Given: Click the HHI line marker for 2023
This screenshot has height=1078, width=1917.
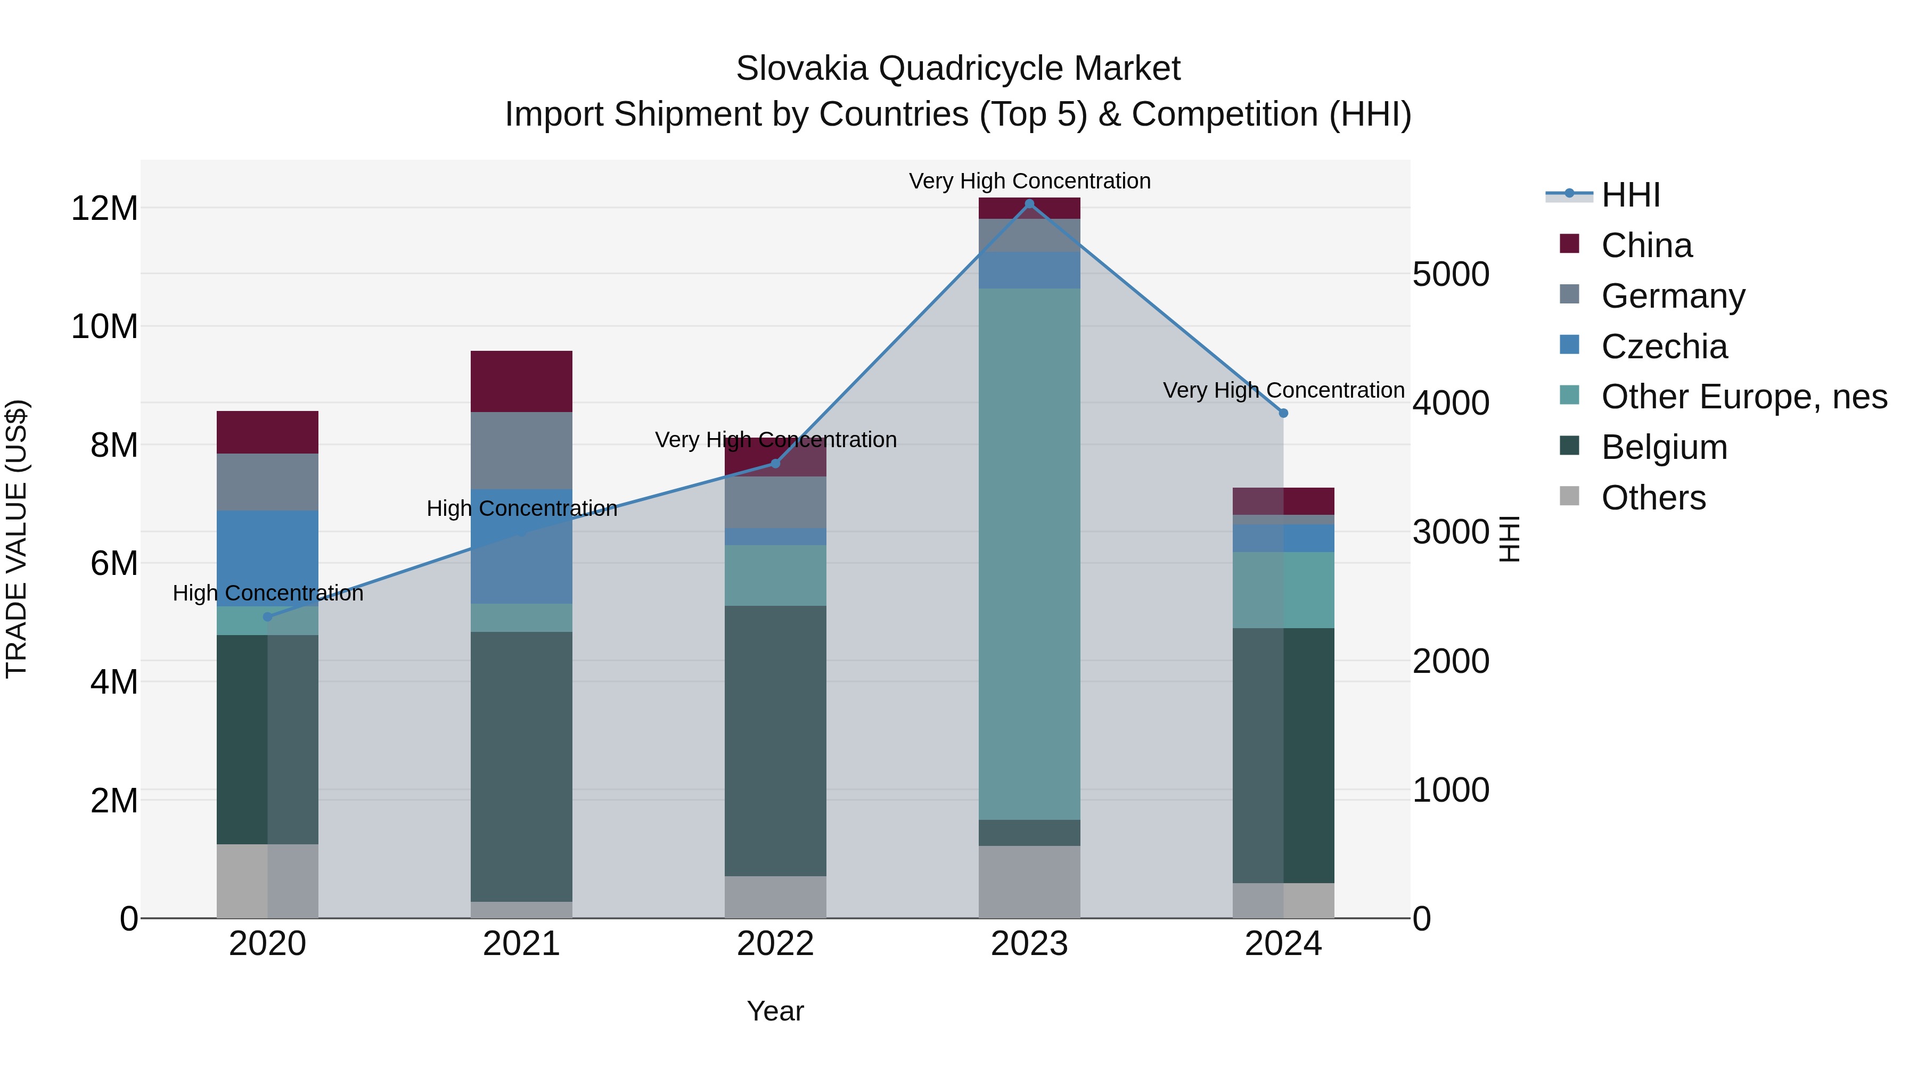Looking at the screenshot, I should [1029, 204].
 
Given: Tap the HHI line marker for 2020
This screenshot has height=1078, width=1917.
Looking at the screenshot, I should [268, 617].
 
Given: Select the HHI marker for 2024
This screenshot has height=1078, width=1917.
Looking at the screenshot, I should [1283, 413].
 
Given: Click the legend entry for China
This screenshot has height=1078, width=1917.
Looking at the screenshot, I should [1646, 245].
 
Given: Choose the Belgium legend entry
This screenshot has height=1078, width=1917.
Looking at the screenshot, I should [1664, 447].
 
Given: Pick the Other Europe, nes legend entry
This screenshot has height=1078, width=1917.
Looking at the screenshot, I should [1743, 397].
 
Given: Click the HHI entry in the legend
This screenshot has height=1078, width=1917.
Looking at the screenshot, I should [1630, 195].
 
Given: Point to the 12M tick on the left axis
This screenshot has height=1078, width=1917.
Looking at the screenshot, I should [104, 208].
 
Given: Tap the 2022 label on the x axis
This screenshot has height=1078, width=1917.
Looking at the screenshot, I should [775, 944].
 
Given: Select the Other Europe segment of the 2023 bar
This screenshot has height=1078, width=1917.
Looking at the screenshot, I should [1029, 554].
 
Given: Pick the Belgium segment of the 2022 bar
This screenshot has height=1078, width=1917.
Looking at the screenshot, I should [775, 740].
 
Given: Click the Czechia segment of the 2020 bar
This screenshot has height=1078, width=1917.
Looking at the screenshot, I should [268, 558].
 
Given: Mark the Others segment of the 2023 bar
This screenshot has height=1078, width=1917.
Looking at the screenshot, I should [1029, 882].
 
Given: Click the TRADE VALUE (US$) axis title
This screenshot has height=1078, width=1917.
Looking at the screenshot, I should [17, 539].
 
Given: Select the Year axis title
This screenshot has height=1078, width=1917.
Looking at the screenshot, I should [775, 1011].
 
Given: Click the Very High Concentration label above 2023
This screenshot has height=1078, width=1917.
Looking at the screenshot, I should [1029, 181].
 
